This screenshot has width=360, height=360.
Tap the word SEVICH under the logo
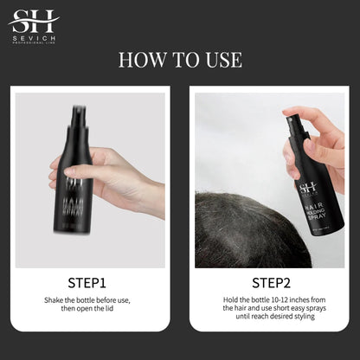coord(33,38)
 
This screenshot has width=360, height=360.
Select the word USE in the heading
coord(222,61)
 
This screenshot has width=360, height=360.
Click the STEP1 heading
coord(87,282)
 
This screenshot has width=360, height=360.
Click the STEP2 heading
coord(272,282)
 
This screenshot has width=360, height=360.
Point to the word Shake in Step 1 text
coord(56,301)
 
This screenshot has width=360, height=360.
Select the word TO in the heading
coord(181,61)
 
